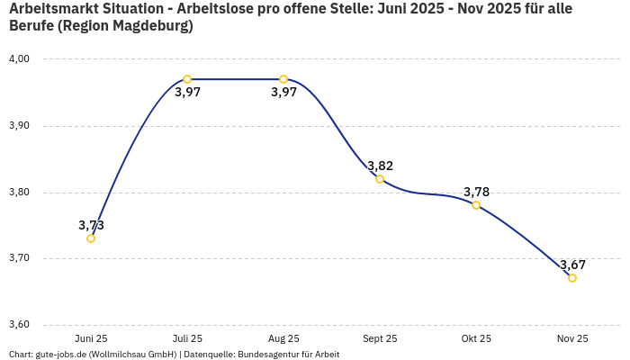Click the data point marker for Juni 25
pos(91,238)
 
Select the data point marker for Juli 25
pos(187,79)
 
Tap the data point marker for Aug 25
pos(283,79)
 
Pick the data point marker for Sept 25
pos(380,179)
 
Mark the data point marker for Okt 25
pos(476,205)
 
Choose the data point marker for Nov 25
pos(572,278)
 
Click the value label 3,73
pos(91,225)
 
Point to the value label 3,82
pos(380,166)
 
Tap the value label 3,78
pos(476,192)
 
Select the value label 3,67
pos(572,265)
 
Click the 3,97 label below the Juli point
pos(187,93)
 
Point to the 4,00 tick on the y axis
pos(19,59)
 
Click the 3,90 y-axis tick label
pos(19,126)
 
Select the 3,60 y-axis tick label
pos(19,325)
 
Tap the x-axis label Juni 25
pos(91,338)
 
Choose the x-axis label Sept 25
pos(380,338)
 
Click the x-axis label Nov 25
pos(572,338)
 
